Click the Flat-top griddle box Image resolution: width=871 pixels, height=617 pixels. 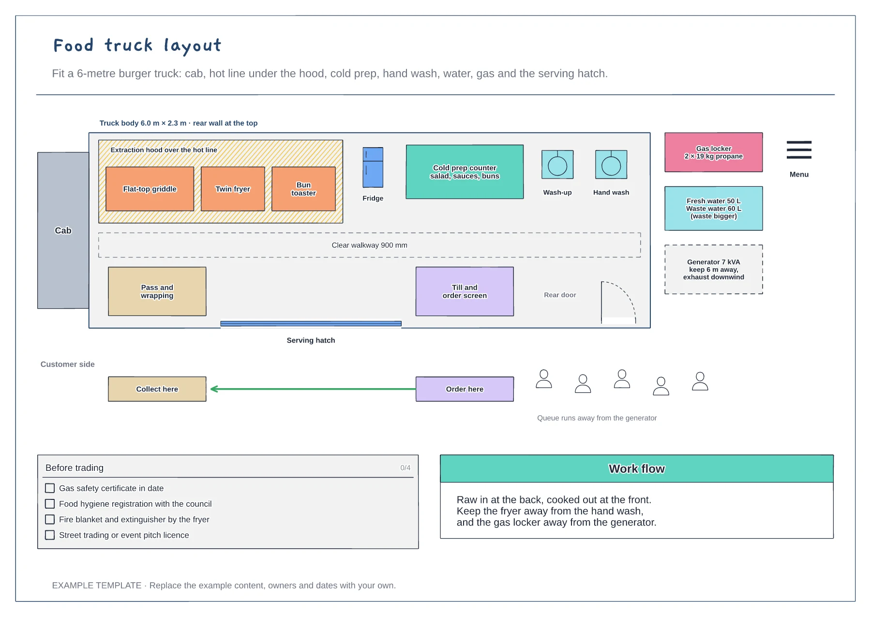(150, 189)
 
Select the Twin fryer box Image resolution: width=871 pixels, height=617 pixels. (233, 189)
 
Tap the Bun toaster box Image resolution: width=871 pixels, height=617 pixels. (303, 189)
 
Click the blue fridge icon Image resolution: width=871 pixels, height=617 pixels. (373, 167)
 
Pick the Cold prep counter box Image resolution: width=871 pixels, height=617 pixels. (465, 172)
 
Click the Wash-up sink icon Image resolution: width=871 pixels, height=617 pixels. (557, 165)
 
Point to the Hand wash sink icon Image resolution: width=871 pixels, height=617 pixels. (611, 165)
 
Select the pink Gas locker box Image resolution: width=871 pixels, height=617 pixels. (714, 152)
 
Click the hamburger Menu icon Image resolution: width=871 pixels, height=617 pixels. (799, 150)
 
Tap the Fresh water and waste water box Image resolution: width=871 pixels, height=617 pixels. (714, 209)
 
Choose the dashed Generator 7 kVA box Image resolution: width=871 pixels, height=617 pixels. (714, 270)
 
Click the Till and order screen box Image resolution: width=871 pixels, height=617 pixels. (465, 291)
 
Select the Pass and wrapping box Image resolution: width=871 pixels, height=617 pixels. (157, 291)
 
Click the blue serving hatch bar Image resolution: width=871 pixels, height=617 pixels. (311, 323)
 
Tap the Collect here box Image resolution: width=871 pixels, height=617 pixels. (157, 389)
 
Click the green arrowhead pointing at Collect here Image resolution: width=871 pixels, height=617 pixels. (214, 389)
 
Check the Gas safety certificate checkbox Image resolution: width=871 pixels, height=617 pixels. (50, 488)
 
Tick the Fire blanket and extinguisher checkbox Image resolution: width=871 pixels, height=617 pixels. (50, 519)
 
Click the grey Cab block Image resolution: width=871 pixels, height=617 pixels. (63, 230)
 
